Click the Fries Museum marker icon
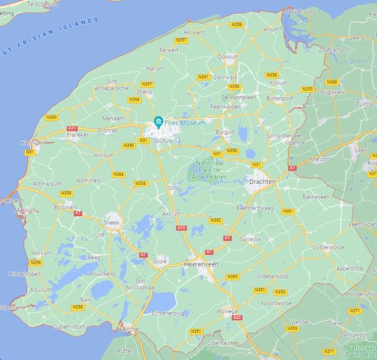pos(158,121)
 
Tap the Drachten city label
pos(262,181)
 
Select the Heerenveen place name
pos(200,264)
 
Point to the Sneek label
pos(111,222)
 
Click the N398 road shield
pos(134,100)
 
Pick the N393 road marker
pos(51,117)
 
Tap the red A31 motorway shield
pos(72,128)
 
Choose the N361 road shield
pos(203,77)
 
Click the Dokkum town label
pos(228,57)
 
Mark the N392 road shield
pos(215,220)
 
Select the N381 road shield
pos(288,211)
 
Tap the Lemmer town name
pos(130,329)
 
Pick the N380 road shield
pos(233,277)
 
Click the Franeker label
pos(78,135)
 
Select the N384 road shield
pos(118,174)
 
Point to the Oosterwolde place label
pos(328,247)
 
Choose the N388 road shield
pos(332,82)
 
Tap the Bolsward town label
pos(66,207)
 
